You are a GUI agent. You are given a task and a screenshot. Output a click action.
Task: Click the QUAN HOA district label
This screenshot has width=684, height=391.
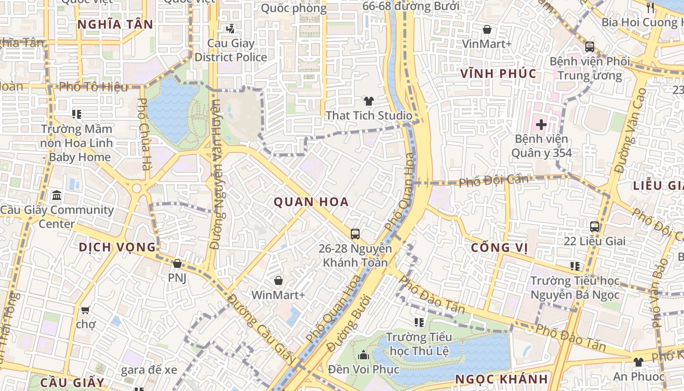coord(311,202)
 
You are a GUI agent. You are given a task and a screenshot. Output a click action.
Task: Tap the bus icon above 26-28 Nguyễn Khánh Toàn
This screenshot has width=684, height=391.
coord(355,234)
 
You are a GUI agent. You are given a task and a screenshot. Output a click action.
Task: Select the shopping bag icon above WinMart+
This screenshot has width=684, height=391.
coord(278,281)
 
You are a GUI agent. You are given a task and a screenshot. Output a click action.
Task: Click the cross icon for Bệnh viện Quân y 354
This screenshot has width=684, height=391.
coord(541,124)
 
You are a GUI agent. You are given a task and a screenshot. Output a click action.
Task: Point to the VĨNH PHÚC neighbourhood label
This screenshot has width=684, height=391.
coord(499,74)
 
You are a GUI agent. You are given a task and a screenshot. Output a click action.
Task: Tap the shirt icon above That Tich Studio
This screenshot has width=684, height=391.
coord(368,101)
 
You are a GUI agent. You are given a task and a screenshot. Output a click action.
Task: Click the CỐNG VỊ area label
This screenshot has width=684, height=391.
coord(499,248)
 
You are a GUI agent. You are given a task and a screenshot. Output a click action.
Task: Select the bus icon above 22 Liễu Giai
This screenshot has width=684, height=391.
coord(595,227)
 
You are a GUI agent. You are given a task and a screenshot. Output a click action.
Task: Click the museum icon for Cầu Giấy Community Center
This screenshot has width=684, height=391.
coord(57,195)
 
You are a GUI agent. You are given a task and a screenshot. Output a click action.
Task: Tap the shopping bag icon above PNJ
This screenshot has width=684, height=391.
coord(177,263)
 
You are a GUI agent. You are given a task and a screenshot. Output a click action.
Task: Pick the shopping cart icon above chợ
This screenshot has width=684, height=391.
coord(85,310)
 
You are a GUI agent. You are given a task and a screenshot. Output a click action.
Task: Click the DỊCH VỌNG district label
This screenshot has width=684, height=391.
coord(117,247)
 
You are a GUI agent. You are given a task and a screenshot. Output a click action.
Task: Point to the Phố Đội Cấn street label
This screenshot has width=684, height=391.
coord(493,180)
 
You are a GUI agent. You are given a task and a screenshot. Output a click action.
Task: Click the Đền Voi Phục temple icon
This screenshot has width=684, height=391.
coord(363,355)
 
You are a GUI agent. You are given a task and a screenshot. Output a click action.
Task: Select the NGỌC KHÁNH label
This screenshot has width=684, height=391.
coord(501,379)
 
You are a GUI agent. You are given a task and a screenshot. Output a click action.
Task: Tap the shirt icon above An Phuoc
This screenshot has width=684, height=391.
coord(639,362)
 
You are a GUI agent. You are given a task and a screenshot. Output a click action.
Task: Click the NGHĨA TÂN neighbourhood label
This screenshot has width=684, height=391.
coord(115,24)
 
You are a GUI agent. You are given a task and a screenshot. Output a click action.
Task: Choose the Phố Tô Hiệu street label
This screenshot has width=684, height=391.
coord(93,87)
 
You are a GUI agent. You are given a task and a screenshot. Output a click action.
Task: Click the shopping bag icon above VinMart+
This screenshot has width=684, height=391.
coord(487,30)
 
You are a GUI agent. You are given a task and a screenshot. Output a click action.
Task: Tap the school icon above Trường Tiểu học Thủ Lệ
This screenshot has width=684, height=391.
coord(419,323)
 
